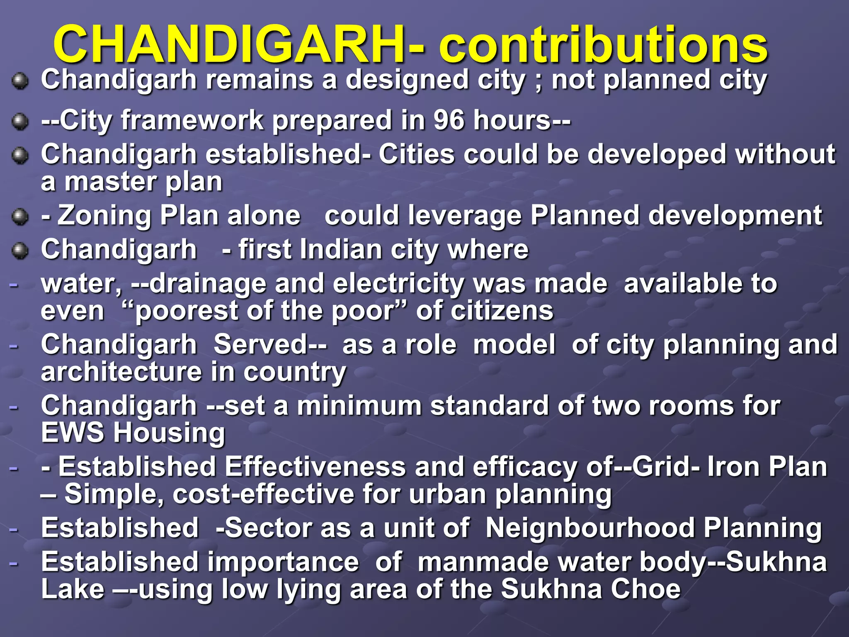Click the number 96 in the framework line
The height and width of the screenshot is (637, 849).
(449, 120)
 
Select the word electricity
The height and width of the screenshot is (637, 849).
(398, 284)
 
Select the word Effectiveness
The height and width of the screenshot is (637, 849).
(315, 467)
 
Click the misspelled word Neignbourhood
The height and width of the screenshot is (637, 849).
(590, 528)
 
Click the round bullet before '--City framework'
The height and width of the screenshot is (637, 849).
(20, 122)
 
